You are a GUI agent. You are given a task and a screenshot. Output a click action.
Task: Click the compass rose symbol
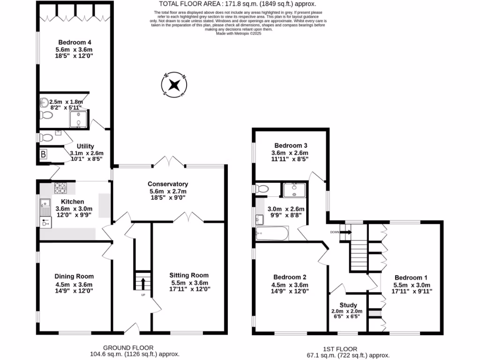(x=174, y=85)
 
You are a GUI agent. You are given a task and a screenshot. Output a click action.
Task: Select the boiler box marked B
(x=44, y=154)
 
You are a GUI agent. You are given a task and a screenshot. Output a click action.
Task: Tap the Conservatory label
(x=167, y=184)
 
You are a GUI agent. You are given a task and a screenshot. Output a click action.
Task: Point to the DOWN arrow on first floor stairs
(x=347, y=232)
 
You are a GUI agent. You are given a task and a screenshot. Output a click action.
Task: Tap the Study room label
(x=348, y=305)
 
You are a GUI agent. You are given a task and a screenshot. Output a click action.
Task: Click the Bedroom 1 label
(x=410, y=277)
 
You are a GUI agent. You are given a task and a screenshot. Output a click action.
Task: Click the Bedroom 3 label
(x=291, y=145)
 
